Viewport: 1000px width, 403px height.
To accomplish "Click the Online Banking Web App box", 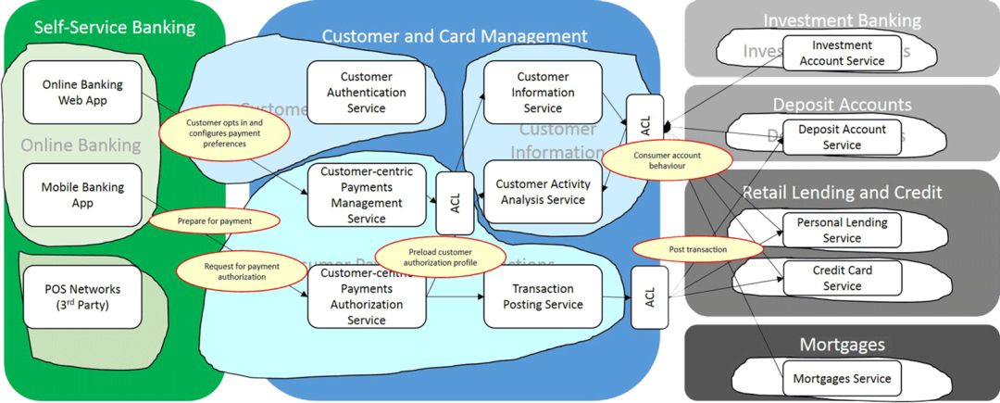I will (x=82, y=93).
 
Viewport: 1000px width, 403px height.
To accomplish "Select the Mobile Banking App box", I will (x=82, y=195).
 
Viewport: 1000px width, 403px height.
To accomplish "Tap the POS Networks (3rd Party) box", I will (x=82, y=296).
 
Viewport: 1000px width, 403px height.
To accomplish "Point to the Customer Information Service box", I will (x=543, y=93).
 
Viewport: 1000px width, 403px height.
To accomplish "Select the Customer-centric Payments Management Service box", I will (x=367, y=195).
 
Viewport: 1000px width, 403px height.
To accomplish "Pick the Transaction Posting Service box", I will (x=543, y=296).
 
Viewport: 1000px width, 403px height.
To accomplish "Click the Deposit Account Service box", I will (x=842, y=137).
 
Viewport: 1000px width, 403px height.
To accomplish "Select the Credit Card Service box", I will (x=842, y=278).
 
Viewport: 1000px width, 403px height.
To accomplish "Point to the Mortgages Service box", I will (x=842, y=378).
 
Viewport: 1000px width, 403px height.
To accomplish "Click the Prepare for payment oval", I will (x=214, y=221).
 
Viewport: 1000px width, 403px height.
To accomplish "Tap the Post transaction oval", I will (x=697, y=249).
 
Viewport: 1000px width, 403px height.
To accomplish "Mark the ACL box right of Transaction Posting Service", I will (x=650, y=297).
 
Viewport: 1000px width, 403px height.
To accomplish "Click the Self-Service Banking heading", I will (x=115, y=27).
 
